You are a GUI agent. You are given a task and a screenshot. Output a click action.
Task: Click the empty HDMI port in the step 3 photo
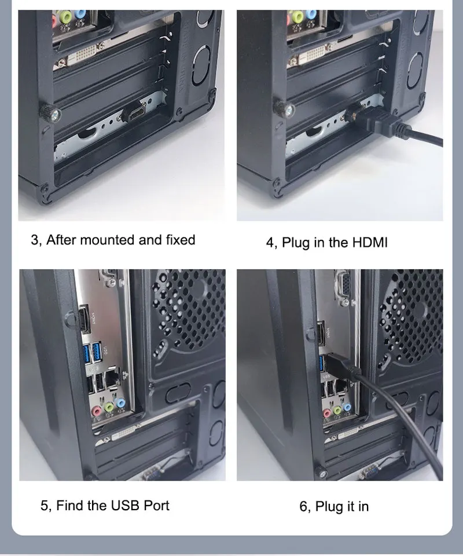[136, 114]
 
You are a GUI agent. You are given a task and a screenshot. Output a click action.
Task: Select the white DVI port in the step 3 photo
[83, 55]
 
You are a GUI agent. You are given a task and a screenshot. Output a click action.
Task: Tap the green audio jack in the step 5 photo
[109, 407]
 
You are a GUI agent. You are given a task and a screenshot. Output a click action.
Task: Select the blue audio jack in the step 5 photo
[120, 403]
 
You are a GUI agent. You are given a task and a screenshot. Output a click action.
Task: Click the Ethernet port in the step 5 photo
[113, 378]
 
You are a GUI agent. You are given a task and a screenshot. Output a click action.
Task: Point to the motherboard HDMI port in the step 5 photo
[83, 318]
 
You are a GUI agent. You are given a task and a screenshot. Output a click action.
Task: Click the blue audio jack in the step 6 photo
[347, 407]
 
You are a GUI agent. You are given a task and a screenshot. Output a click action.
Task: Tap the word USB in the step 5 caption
[125, 505]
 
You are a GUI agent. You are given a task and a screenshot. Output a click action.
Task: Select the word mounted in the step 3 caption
[108, 240]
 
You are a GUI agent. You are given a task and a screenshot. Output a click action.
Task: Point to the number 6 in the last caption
[303, 506]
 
